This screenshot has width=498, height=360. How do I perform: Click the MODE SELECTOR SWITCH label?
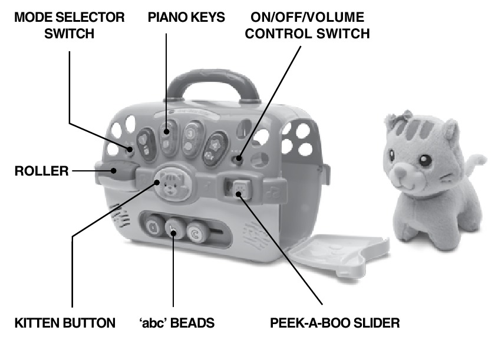tap(70, 25)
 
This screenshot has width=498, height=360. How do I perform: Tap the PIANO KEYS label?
tap(186, 17)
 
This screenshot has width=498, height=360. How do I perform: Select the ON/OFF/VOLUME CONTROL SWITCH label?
tap(307, 25)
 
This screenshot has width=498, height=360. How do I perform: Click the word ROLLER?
tap(42, 171)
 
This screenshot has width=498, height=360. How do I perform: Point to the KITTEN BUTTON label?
tap(65, 323)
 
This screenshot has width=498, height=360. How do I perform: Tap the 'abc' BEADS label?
tap(177, 323)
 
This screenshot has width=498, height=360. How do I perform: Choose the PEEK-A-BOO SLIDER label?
tap(335, 323)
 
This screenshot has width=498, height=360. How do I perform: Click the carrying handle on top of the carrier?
tap(213, 85)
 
